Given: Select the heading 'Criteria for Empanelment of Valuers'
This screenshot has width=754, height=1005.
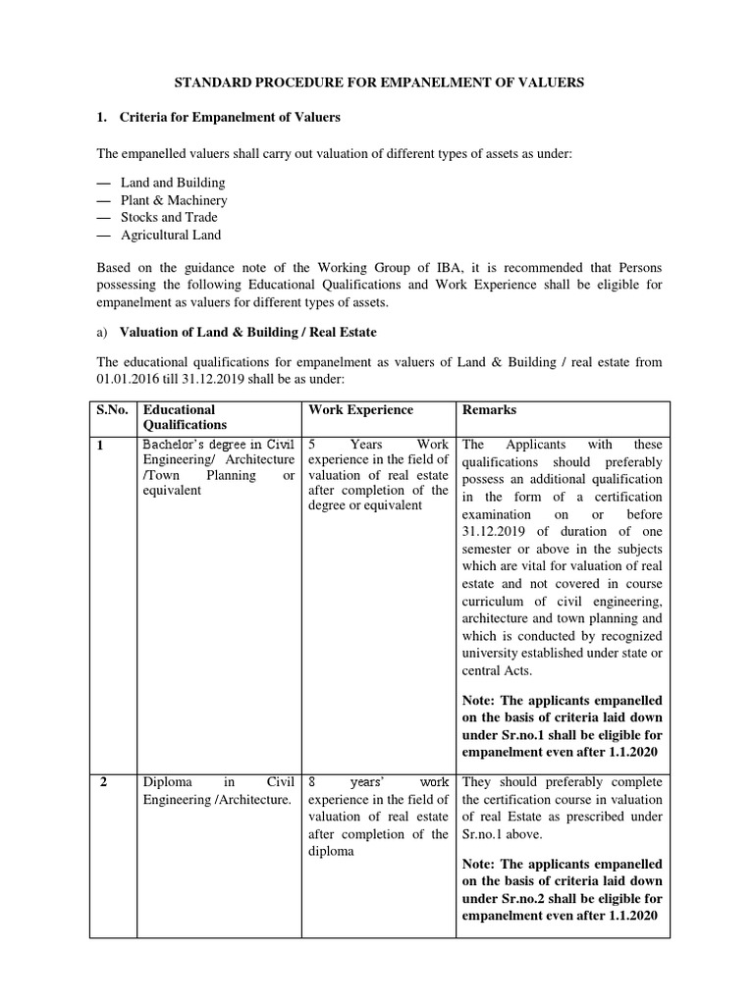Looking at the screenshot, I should pos(230,118).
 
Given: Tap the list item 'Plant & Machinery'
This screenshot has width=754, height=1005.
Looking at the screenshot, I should pos(174,200).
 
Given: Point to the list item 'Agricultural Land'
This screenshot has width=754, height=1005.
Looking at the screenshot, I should pos(171,235).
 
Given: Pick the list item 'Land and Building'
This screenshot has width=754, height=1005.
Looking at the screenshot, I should pos(173,183).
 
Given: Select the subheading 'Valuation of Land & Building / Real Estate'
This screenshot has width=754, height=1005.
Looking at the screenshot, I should pos(247,332).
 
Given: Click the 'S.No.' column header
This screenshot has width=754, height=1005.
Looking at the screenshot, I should pos(112,409).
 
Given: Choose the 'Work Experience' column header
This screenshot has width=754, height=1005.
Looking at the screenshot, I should pos(360,409).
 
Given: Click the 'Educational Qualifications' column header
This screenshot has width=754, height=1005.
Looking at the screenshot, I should pos(179,417).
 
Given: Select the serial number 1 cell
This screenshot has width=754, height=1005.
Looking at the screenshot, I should pos(99,445).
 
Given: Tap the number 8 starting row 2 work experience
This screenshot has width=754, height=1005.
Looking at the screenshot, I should pos(312,782).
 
